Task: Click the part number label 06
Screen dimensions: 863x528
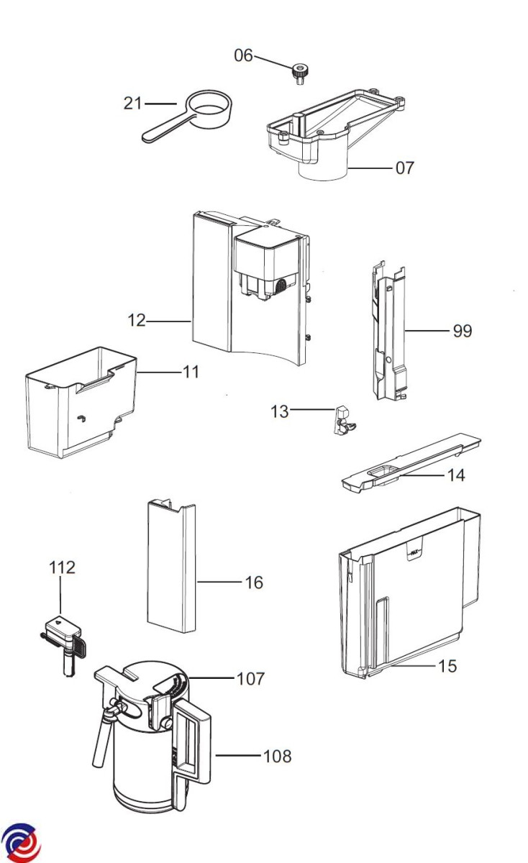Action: point(243,55)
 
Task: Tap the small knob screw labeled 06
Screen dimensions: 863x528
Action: point(299,73)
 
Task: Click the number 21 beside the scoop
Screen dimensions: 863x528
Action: point(132,104)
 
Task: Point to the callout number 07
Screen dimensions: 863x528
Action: point(405,168)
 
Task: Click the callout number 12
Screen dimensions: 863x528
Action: point(137,321)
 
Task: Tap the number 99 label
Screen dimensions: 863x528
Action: point(462,331)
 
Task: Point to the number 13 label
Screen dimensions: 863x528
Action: point(279,411)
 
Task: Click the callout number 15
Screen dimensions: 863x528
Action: point(447,667)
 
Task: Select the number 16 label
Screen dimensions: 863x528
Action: point(255,583)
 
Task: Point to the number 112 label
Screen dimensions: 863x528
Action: point(62,567)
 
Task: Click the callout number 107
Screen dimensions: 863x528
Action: point(250,678)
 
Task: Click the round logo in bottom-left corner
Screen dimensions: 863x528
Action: point(20,842)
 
